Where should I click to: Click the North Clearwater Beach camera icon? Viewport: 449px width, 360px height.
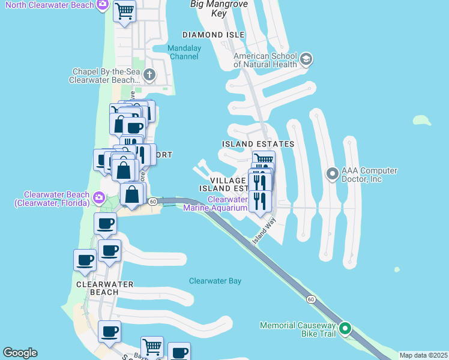click(x=103, y=5)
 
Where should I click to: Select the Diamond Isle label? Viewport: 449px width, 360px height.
click(x=213, y=35)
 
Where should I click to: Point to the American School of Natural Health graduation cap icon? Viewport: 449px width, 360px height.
click(x=306, y=59)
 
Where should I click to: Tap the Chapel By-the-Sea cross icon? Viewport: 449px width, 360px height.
click(x=149, y=75)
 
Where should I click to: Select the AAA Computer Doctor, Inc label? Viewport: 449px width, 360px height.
click(x=369, y=175)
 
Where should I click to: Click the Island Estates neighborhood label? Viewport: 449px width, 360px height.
click(x=258, y=144)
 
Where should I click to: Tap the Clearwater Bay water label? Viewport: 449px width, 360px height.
click(x=215, y=281)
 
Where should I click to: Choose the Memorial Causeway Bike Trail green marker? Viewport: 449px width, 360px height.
click(x=345, y=329)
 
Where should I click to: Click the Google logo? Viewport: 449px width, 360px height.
click(x=20, y=353)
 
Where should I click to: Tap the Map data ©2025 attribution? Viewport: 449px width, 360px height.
click(x=423, y=355)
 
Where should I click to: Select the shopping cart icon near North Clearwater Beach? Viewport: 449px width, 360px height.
click(x=124, y=11)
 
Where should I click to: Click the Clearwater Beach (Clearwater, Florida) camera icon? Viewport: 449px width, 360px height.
click(x=100, y=197)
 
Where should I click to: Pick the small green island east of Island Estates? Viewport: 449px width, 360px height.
click(x=422, y=120)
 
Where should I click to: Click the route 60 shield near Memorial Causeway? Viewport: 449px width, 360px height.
click(x=310, y=299)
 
